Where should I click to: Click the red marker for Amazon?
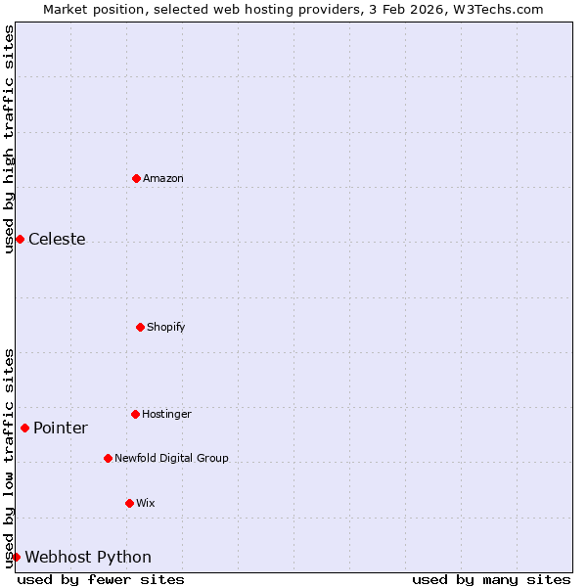(136, 178)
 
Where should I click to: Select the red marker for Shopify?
(140, 327)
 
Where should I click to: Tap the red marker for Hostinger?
(135, 414)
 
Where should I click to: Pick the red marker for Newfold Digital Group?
(108, 458)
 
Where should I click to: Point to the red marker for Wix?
(129, 503)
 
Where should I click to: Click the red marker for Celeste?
(20, 240)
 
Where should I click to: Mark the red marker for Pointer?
(24, 428)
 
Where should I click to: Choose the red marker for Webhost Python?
(16, 557)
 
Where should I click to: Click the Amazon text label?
(163, 178)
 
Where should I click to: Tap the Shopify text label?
(166, 327)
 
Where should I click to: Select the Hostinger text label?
(167, 414)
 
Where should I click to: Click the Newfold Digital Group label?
(171, 458)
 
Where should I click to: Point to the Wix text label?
(146, 503)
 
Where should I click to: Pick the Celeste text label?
(57, 240)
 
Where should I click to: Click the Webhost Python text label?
(88, 558)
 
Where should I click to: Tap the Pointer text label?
(61, 429)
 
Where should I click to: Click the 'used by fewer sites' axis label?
(101, 579)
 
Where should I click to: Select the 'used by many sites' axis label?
(491, 579)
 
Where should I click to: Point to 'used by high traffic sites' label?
(9, 139)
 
